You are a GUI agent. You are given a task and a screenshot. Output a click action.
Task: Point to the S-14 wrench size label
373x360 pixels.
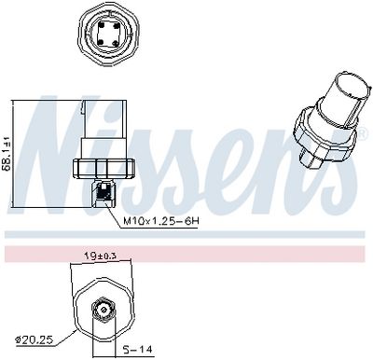click(138, 349)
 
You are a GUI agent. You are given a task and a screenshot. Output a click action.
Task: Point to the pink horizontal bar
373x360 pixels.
click(186, 254)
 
